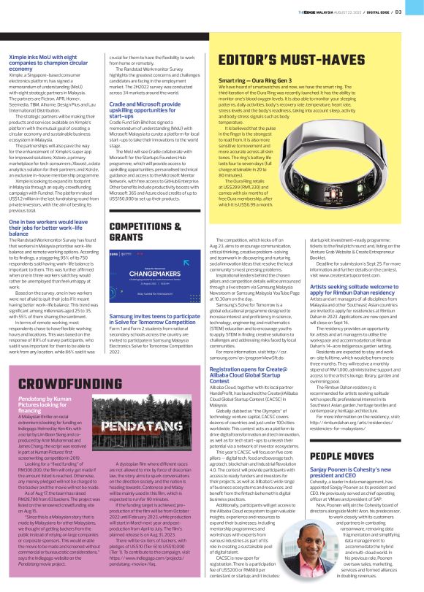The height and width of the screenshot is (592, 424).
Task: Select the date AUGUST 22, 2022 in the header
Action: pos(350,12)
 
